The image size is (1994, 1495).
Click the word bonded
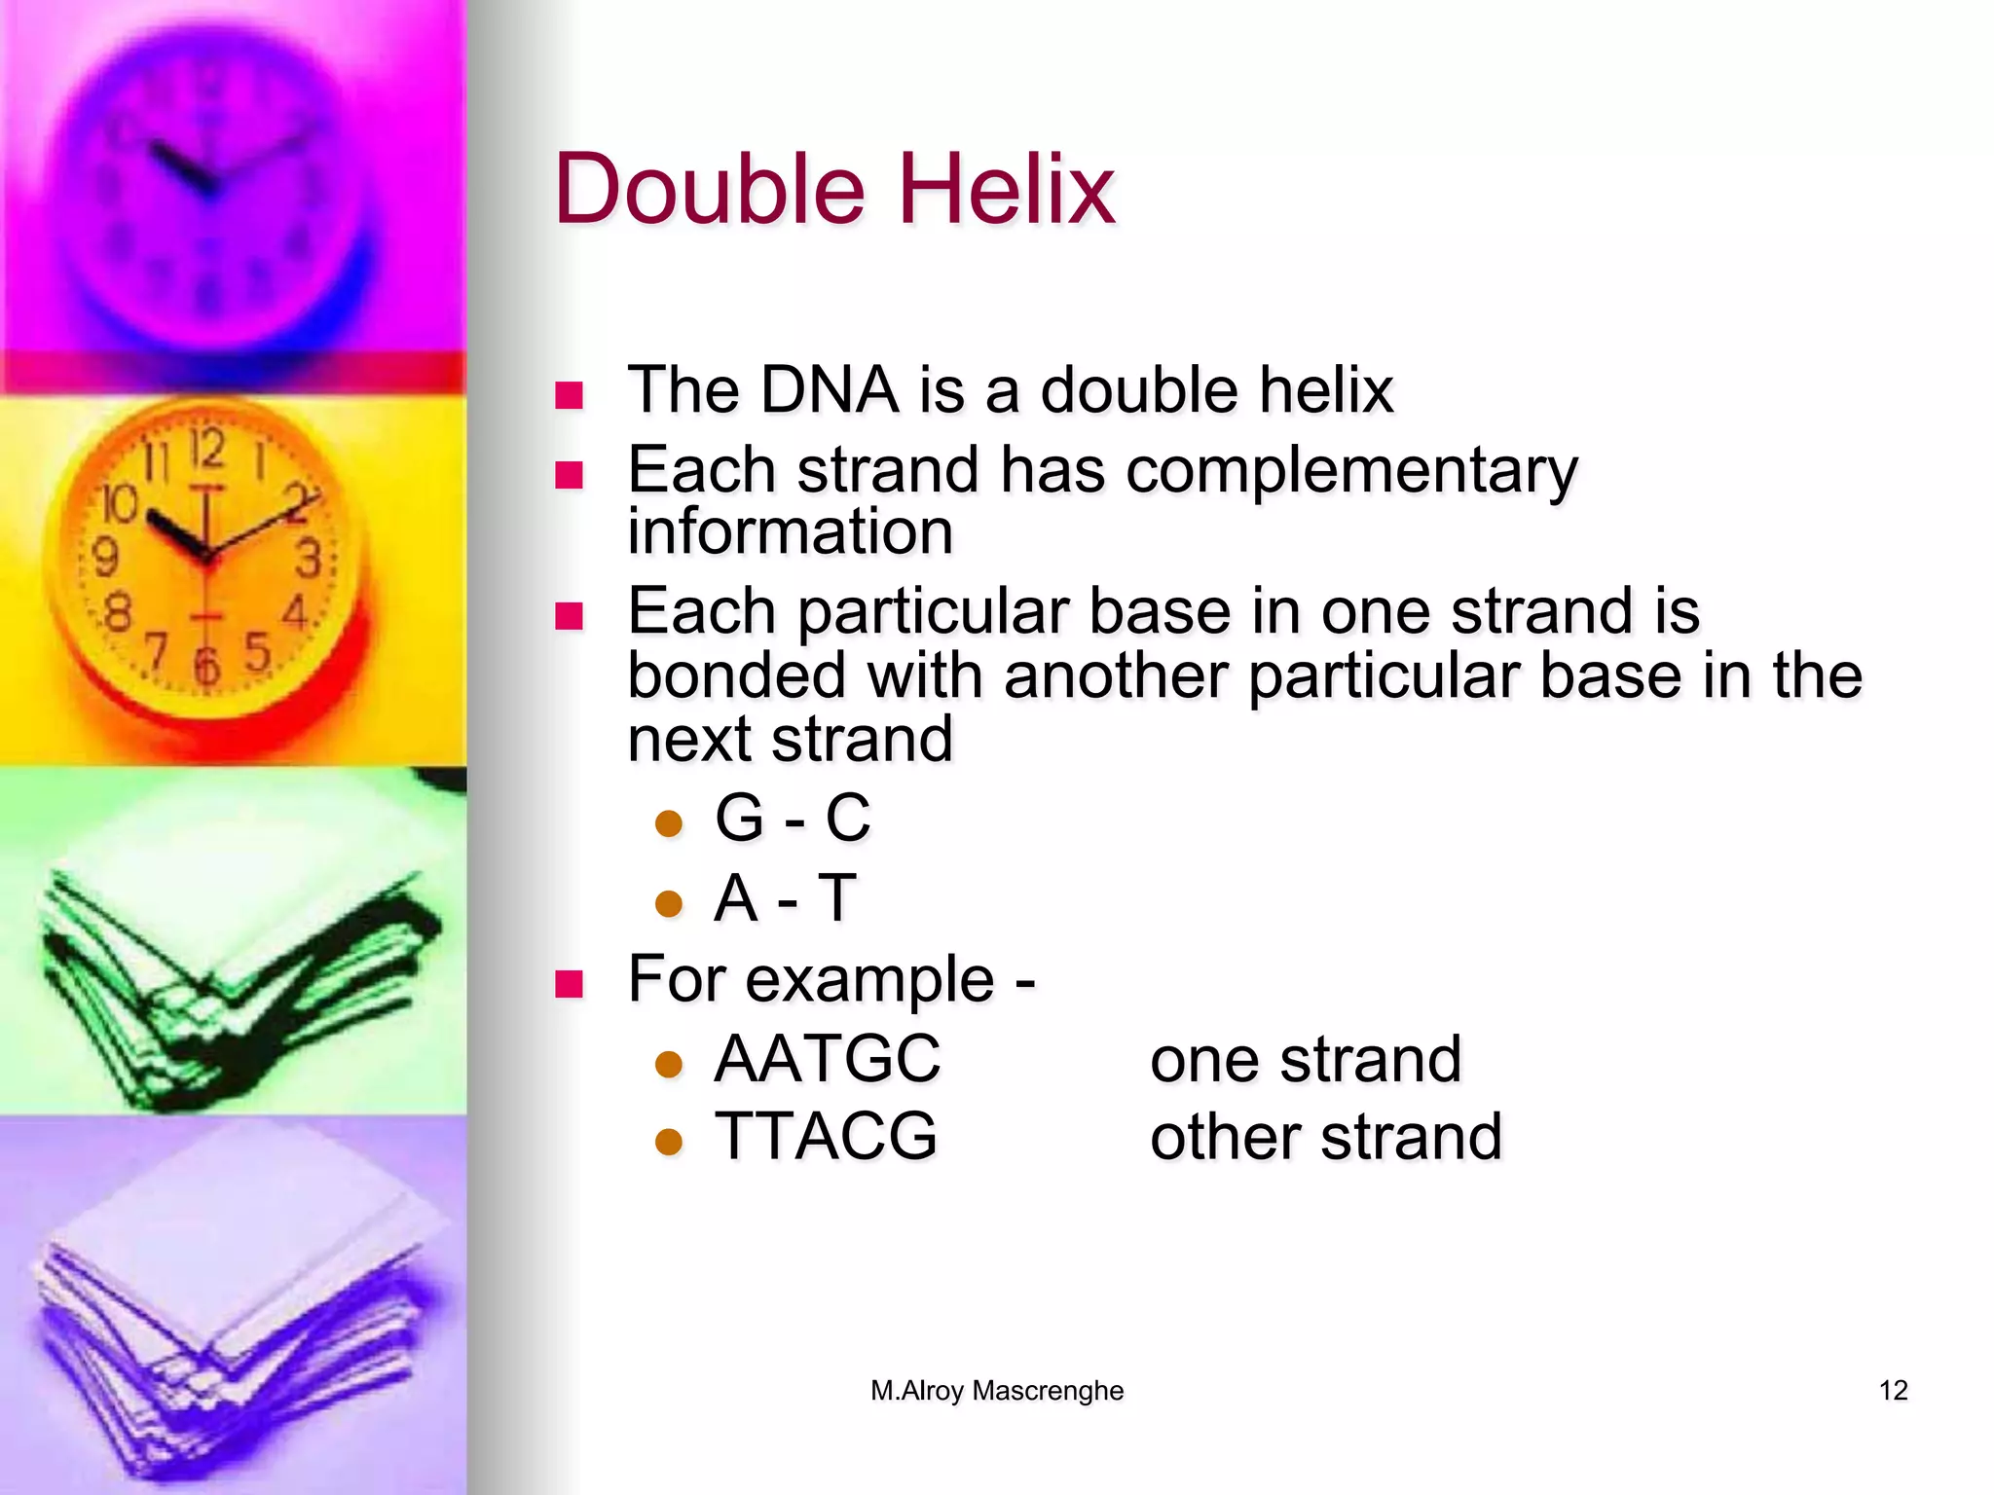click(x=737, y=675)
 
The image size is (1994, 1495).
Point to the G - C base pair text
click(x=792, y=818)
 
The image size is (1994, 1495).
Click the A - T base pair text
click(x=785, y=897)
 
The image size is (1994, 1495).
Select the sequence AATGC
click(x=828, y=1059)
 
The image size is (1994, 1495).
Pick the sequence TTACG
click(x=826, y=1137)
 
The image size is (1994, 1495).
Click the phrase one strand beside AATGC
click(x=1306, y=1059)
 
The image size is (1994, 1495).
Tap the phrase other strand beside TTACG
click(x=1326, y=1137)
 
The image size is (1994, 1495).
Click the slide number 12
click(x=1893, y=1390)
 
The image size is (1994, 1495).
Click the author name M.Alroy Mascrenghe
click(x=997, y=1390)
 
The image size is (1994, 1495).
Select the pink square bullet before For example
click(x=569, y=984)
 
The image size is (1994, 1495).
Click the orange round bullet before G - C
click(x=669, y=823)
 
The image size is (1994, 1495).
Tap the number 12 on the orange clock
click(x=206, y=450)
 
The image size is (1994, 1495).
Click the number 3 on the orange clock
click(x=310, y=560)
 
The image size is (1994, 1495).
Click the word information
click(x=790, y=532)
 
